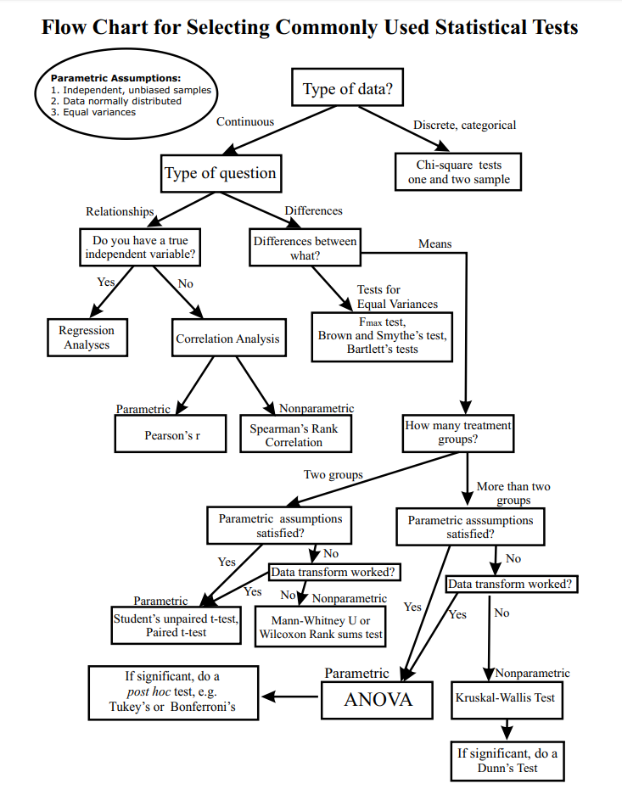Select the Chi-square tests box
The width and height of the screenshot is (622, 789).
pyautogui.click(x=458, y=172)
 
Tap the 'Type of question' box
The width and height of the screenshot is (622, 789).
pyautogui.click(x=221, y=173)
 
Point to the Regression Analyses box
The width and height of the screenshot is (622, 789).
pyautogui.click(x=87, y=338)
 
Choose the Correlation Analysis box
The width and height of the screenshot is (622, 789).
pyautogui.click(x=227, y=339)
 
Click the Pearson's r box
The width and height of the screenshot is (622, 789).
pyautogui.click(x=171, y=434)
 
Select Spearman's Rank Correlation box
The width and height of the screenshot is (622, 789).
pyautogui.click(x=294, y=434)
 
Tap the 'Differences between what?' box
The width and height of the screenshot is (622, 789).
pyautogui.click(x=305, y=248)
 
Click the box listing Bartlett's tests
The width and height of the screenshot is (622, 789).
pyautogui.click(x=382, y=336)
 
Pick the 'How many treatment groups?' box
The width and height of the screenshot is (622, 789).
pyautogui.click(x=458, y=433)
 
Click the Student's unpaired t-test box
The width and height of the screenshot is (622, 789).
pyautogui.click(x=176, y=626)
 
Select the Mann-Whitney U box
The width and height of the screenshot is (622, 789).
pyautogui.click(x=321, y=628)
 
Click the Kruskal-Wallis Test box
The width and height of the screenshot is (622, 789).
pyautogui.click(x=505, y=697)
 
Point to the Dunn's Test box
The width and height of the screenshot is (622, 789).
pyautogui.click(x=507, y=760)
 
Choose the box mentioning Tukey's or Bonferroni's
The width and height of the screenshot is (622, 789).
pyautogui.click(x=173, y=693)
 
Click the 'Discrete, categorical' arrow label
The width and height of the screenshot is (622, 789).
pyautogui.click(x=464, y=125)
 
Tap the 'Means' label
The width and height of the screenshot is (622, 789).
pyautogui.click(x=434, y=243)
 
